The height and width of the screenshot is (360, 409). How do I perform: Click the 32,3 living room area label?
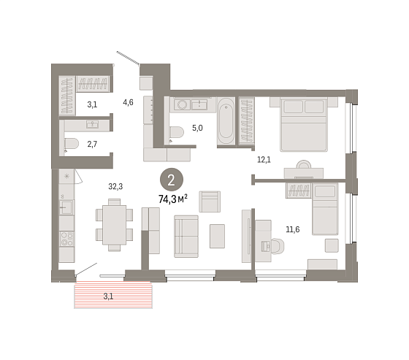coord(115,186)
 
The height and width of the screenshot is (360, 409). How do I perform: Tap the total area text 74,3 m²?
coord(173,199)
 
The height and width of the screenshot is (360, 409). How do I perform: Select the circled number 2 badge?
coord(172,180)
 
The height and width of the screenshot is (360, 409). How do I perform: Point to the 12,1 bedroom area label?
coord(264,159)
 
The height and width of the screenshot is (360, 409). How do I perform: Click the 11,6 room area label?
coord(293,229)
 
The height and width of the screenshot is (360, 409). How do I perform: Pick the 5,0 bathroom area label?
coord(197,128)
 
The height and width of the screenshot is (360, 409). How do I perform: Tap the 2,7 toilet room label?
coord(92,144)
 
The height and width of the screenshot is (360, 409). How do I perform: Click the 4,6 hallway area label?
coord(128,102)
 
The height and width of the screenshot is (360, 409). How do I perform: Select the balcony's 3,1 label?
coord(108,296)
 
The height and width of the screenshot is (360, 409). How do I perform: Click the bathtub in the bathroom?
coord(226,120)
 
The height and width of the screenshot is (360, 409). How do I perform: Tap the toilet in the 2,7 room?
coord(72,144)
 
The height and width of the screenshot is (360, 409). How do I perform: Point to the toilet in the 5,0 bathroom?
coord(177,132)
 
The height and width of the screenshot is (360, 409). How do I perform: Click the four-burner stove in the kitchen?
coord(66,239)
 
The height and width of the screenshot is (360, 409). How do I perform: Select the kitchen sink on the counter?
coord(66,207)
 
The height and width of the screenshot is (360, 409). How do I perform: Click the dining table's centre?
coord(114,225)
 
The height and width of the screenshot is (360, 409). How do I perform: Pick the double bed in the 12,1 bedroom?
coord(304,124)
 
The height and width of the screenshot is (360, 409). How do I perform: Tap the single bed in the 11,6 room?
coord(325,210)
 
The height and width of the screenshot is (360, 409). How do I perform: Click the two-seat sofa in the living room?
coord(186,237)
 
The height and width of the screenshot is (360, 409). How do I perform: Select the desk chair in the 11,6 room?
coord(278,246)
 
